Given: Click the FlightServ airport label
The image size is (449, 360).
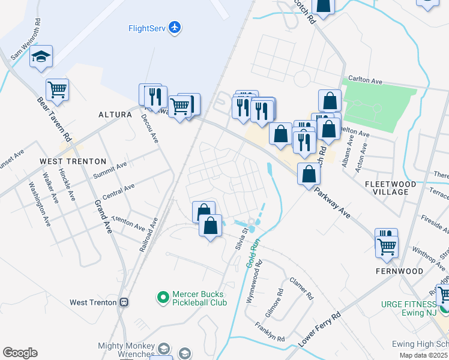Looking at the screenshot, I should coord(147,28).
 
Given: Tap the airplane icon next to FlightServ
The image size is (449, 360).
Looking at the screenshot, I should coord(175,27).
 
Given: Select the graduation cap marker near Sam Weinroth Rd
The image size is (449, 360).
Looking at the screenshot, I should coord(41,57).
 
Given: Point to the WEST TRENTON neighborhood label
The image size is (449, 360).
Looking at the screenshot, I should coord(73,161).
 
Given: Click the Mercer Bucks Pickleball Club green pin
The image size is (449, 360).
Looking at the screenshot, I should coord(162,296).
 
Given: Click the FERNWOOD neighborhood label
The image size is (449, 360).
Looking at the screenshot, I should coord(399,271).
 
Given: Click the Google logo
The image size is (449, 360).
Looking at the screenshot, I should coord(20,352).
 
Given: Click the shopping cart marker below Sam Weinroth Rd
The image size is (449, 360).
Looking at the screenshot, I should coord(57,89).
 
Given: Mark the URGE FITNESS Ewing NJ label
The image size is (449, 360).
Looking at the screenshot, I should coord(409,308).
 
